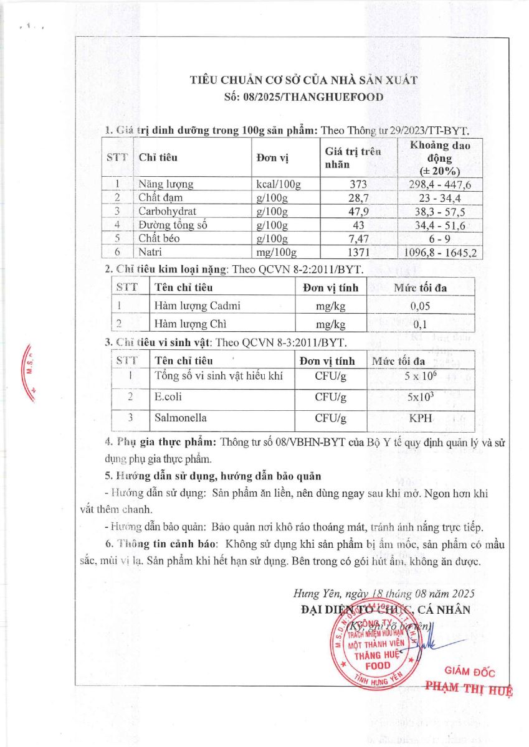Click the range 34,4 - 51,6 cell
coord(441,225)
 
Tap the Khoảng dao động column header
coord(441,157)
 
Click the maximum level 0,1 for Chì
coord(420,324)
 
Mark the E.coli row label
coord(169,396)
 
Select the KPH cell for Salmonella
coord(420,418)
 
